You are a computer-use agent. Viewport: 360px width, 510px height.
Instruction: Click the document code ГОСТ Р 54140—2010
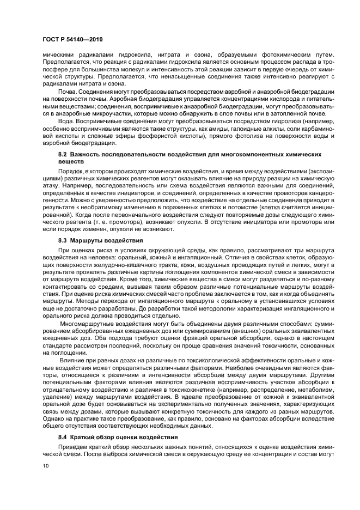[x=72, y=40]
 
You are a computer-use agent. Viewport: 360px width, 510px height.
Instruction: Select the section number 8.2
[x=64, y=155]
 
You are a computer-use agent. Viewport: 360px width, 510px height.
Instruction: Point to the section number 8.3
[x=64, y=240]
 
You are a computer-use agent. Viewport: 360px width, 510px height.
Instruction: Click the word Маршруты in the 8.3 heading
[x=88, y=240]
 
